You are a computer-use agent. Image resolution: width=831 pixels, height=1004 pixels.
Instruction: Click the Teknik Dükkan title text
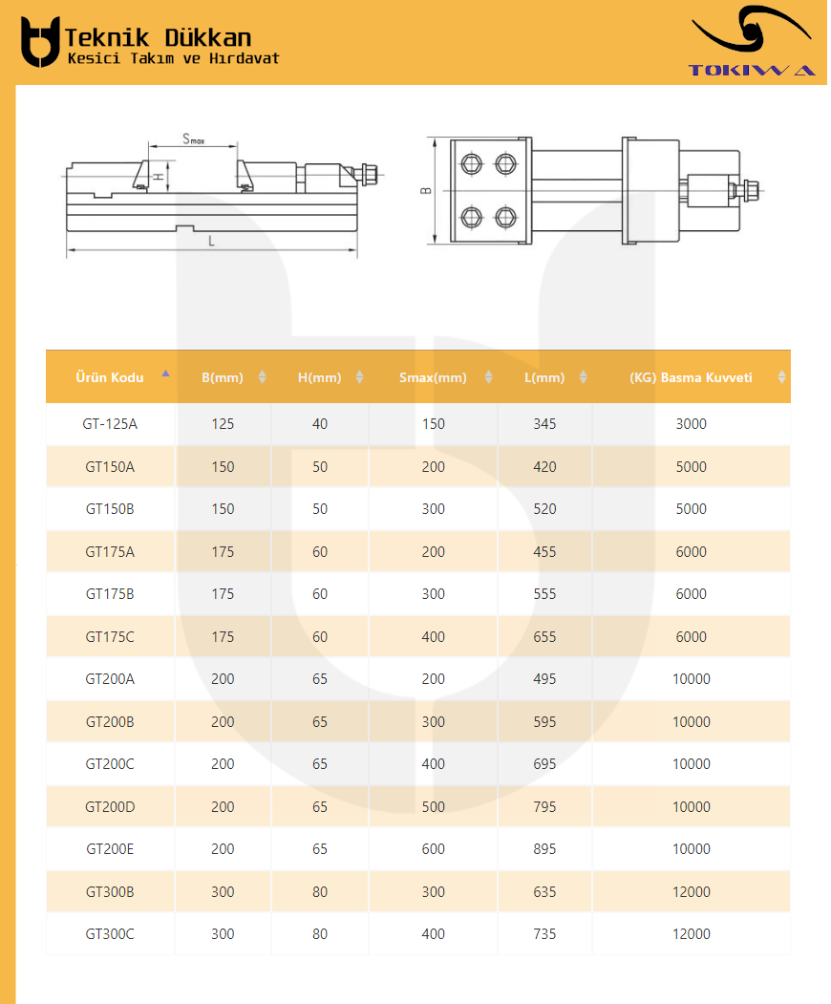point(159,38)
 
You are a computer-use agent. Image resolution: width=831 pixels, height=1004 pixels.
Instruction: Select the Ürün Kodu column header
point(110,377)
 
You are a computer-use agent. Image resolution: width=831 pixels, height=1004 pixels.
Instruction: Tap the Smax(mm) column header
point(433,377)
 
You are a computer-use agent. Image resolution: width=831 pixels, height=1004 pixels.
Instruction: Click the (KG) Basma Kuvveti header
point(691,377)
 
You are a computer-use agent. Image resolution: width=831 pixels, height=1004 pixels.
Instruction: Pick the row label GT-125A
point(110,424)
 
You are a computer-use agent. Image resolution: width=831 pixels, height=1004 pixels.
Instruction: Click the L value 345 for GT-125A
point(544,424)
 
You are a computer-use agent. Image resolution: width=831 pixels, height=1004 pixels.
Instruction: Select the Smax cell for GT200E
point(434,849)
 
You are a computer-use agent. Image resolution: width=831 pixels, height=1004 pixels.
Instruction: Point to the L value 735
point(544,934)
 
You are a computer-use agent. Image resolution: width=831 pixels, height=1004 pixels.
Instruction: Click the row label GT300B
point(110,892)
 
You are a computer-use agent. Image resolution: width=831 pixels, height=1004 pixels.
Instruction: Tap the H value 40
point(320,424)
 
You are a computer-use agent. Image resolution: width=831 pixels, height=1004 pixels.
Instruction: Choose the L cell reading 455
point(544,552)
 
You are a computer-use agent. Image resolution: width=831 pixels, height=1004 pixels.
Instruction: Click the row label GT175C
point(110,637)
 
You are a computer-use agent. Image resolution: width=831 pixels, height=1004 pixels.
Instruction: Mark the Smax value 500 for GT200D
point(434,807)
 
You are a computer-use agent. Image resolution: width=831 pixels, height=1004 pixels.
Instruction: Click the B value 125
point(223,424)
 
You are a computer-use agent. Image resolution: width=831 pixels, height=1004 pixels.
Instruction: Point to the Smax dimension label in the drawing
point(193,139)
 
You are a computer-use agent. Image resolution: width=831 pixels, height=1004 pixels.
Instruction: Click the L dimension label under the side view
point(211,241)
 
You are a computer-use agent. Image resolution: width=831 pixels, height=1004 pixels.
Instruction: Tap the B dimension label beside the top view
point(426,190)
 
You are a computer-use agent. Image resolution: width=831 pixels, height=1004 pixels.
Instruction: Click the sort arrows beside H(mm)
point(360,377)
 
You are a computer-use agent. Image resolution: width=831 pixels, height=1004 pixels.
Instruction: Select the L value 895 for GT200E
point(544,849)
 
